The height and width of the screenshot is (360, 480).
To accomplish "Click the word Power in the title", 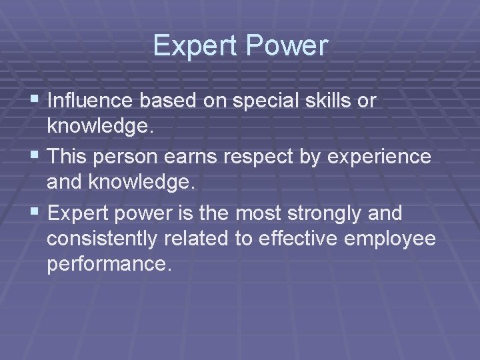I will coord(288,47).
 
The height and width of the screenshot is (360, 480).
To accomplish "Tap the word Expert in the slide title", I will coord(196,45).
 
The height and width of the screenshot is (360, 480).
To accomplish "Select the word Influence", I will coord(88,101).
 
